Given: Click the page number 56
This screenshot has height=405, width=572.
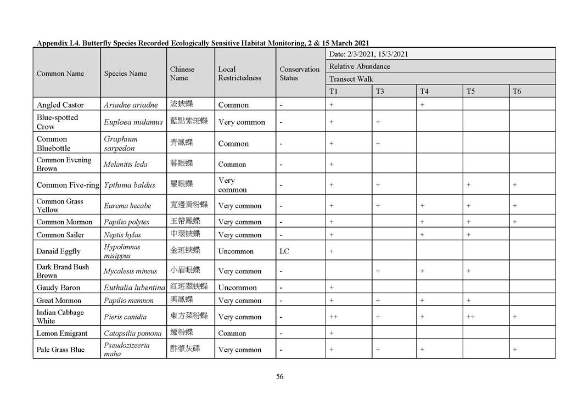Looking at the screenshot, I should click(x=280, y=376).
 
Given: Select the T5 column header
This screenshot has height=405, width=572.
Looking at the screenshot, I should click(x=470, y=91).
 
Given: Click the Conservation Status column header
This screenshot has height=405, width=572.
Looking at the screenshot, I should click(x=299, y=74).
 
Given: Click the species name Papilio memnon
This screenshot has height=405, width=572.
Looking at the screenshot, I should click(x=129, y=301).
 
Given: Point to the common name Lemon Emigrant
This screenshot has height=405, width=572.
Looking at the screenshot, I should click(x=62, y=333).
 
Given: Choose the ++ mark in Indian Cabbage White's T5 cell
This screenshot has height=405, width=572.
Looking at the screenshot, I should click(x=470, y=317).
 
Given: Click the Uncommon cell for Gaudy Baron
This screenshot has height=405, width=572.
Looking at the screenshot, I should click(x=237, y=288).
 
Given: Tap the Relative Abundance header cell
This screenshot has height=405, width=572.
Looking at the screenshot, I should click(x=360, y=66).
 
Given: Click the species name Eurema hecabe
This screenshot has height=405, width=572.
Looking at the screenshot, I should click(x=127, y=206).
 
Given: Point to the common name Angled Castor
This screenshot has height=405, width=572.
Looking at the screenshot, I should click(x=60, y=105).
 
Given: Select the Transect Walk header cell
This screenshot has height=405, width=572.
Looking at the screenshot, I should click(x=351, y=79).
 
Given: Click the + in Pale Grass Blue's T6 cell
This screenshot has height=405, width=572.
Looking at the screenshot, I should click(x=515, y=350).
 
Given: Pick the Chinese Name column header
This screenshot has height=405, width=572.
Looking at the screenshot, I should click(x=182, y=74).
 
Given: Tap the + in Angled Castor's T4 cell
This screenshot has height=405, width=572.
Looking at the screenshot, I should click(x=423, y=105).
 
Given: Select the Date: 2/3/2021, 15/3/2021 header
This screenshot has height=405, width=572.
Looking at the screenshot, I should click(x=368, y=54).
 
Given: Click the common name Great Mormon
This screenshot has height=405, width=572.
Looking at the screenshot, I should click(x=59, y=301).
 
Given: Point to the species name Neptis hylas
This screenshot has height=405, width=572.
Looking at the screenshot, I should click(x=122, y=235).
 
